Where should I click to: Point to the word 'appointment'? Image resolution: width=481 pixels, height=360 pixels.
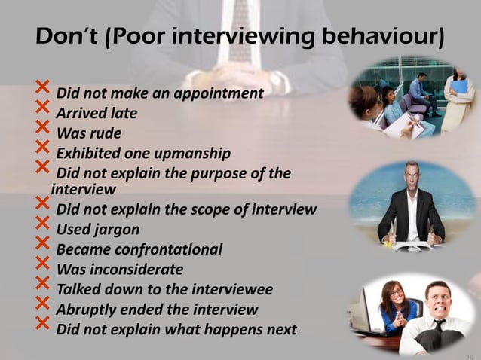click(222, 95)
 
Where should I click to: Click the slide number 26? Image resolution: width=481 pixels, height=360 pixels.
click(468, 355)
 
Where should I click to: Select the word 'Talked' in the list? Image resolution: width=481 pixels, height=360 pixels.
click(81, 289)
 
